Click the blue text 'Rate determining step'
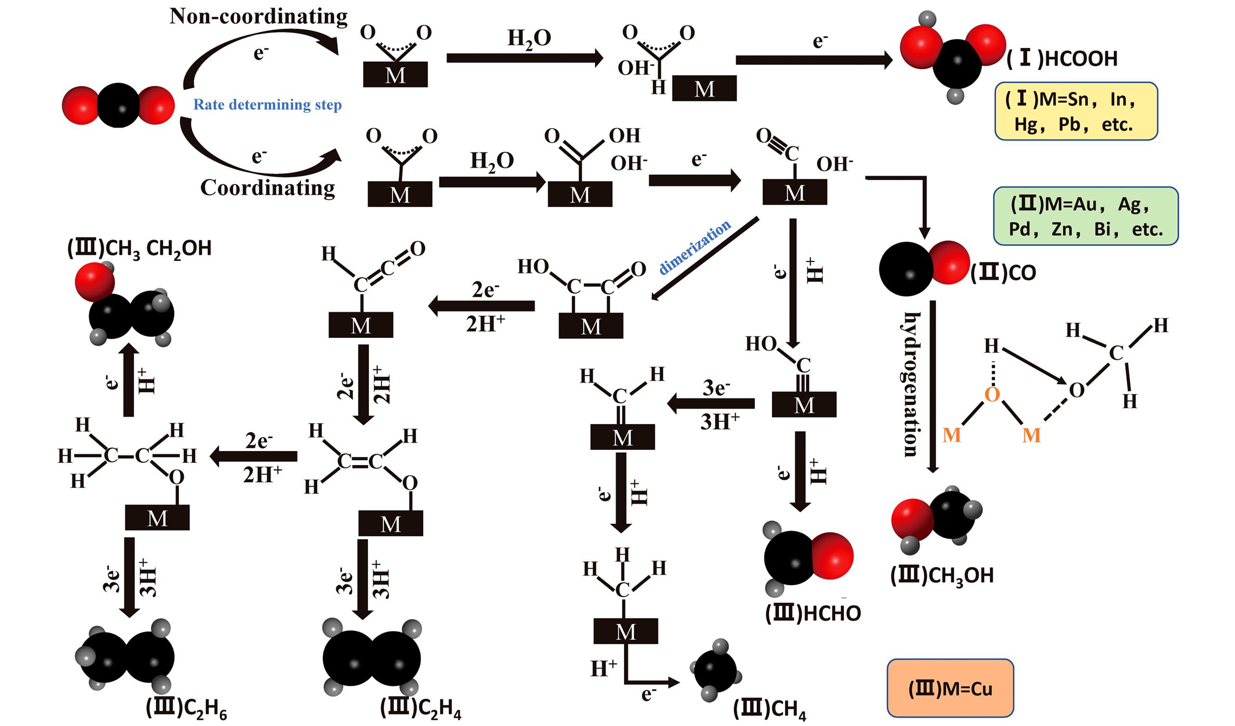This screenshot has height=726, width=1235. coord(267,104)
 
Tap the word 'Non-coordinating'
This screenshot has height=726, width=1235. coord(258,16)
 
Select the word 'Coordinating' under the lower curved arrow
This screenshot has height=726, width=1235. coord(267,187)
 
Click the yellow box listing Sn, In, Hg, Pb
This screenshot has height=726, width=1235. coord(1076,111)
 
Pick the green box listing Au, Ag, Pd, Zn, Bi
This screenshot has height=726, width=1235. coord(1085,216)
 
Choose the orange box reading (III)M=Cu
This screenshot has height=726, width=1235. coord(950,688)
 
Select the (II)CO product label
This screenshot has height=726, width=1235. coord(1003,273)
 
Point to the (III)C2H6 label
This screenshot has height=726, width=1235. coord(186,708)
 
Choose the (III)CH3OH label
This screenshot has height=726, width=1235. coord(942,575)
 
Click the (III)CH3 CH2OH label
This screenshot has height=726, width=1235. coord(139,249)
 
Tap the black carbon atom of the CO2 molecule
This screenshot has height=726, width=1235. coord(118,105)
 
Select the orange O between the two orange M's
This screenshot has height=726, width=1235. coord(992,394)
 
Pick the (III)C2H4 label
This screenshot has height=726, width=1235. coord(420,708)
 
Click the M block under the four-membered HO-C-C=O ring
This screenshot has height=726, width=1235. coord(590,326)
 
